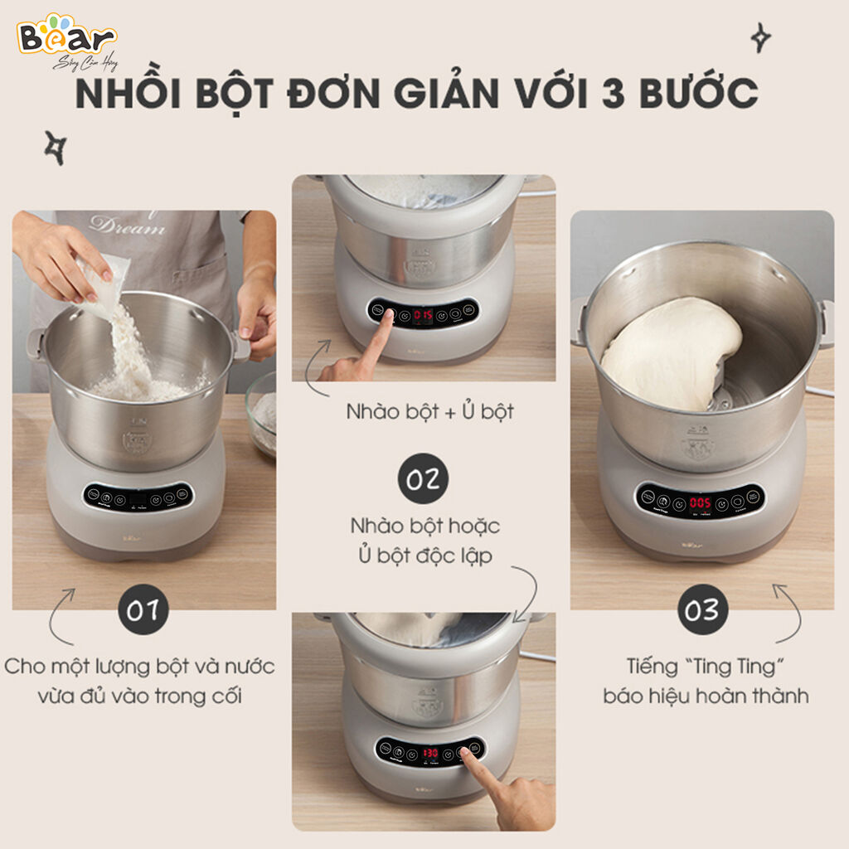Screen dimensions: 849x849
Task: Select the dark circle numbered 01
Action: [x=143, y=612]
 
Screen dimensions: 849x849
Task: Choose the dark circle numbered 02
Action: [x=424, y=478]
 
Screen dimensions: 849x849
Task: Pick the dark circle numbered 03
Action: [x=701, y=611]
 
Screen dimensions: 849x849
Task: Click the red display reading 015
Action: [x=424, y=316]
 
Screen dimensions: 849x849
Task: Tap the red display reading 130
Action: [x=430, y=753]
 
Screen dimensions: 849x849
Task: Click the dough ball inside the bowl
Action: [x=667, y=352]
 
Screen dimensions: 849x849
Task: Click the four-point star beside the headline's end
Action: [x=759, y=37]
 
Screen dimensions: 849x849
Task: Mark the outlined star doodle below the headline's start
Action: [x=54, y=147]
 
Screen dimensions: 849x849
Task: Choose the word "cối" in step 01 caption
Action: [x=224, y=695]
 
